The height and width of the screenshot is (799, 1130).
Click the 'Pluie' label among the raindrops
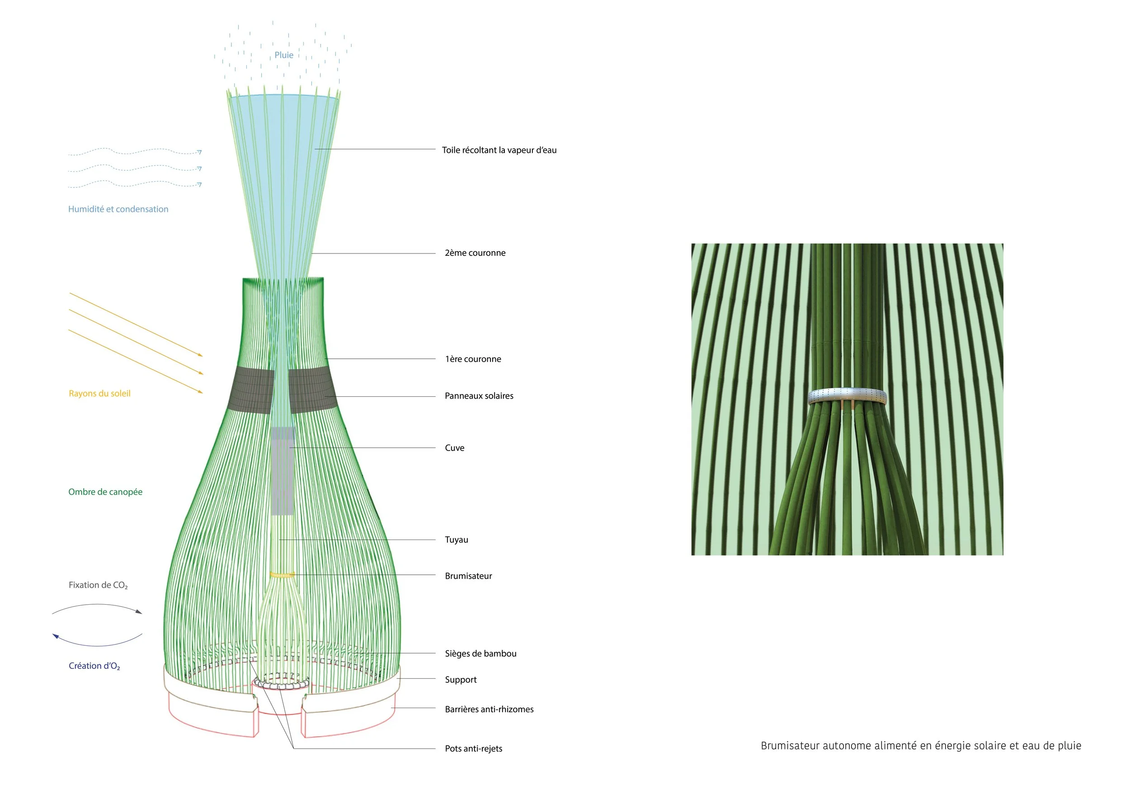tap(283, 55)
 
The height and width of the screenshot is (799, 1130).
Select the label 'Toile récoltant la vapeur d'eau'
tap(499, 150)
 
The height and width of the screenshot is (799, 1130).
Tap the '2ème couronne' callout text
tap(475, 253)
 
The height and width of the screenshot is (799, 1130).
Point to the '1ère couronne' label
tap(472, 359)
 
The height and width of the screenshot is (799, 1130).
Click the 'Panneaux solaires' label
tap(479, 396)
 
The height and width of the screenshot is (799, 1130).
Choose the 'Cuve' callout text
tap(454, 448)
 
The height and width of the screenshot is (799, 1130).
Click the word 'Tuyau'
tap(456, 540)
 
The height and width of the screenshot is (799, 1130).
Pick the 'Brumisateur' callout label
tap(468, 576)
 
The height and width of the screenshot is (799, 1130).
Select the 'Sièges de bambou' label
tap(480, 653)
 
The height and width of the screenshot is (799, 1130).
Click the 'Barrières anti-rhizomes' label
tap(489, 709)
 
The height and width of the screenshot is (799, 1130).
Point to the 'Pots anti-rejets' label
tap(473, 748)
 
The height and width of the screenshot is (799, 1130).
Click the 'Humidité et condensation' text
tap(118, 209)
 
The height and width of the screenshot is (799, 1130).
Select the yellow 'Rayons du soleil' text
tap(99, 394)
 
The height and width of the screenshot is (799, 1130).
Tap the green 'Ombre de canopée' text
tap(105, 492)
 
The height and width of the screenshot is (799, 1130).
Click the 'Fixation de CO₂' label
tap(98, 585)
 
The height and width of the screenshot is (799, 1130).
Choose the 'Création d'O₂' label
tap(94, 666)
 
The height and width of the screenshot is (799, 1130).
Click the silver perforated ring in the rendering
tap(847, 395)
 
